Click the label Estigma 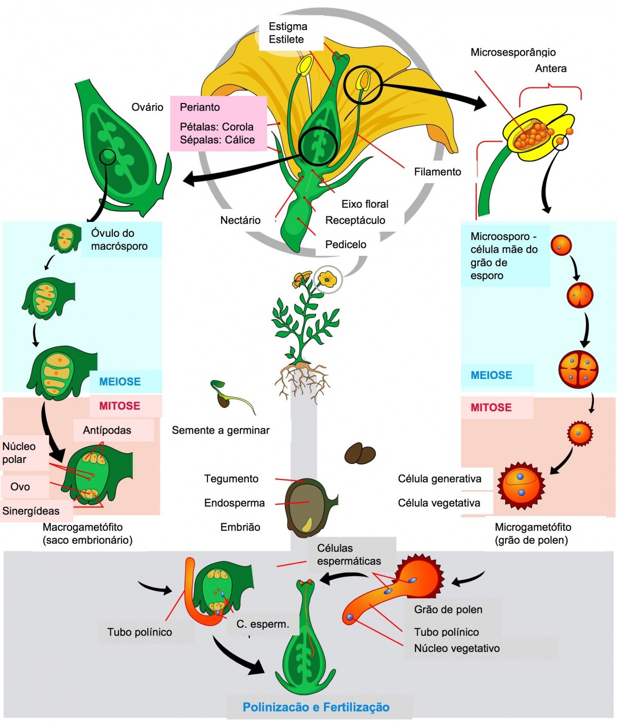pyautogui.click(x=288, y=26)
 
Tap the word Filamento pyautogui.click(x=437, y=172)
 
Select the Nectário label pyautogui.click(x=240, y=220)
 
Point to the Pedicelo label pyautogui.click(x=346, y=245)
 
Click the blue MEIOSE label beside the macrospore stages pyautogui.click(x=119, y=382)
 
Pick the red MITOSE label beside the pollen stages pyautogui.click(x=491, y=407)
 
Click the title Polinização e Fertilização pyautogui.click(x=316, y=707)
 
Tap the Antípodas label pyautogui.click(x=107, y=431)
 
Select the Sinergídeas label pyautogui.click(x=31, y=511)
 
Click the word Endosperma pyautogui.click(x=234, y=503)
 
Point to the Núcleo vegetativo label pyautogui.click(x=457, y=648)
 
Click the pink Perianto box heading pyautogui.click(x=200, y=107)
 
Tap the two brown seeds pyautogui.click(x=360, y=453)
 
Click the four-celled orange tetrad pyautogui.click(x=578, y=369)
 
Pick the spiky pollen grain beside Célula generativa pyautogui.click(x=521, y=485)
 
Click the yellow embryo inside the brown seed pyautogui.click(x=307, y=524)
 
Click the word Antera pyautogui.click(x=551, y=68)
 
